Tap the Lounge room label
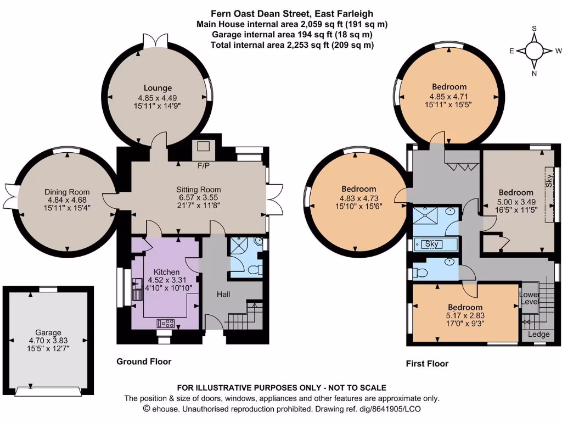158,88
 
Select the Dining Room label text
67,192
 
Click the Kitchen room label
166,272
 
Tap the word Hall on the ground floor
223,295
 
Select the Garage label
48,332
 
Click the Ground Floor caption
144,362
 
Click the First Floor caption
427,364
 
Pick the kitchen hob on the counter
166,323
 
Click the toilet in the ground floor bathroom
254,270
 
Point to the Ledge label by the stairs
538,335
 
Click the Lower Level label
530,298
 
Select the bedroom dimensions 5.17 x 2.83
465,316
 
